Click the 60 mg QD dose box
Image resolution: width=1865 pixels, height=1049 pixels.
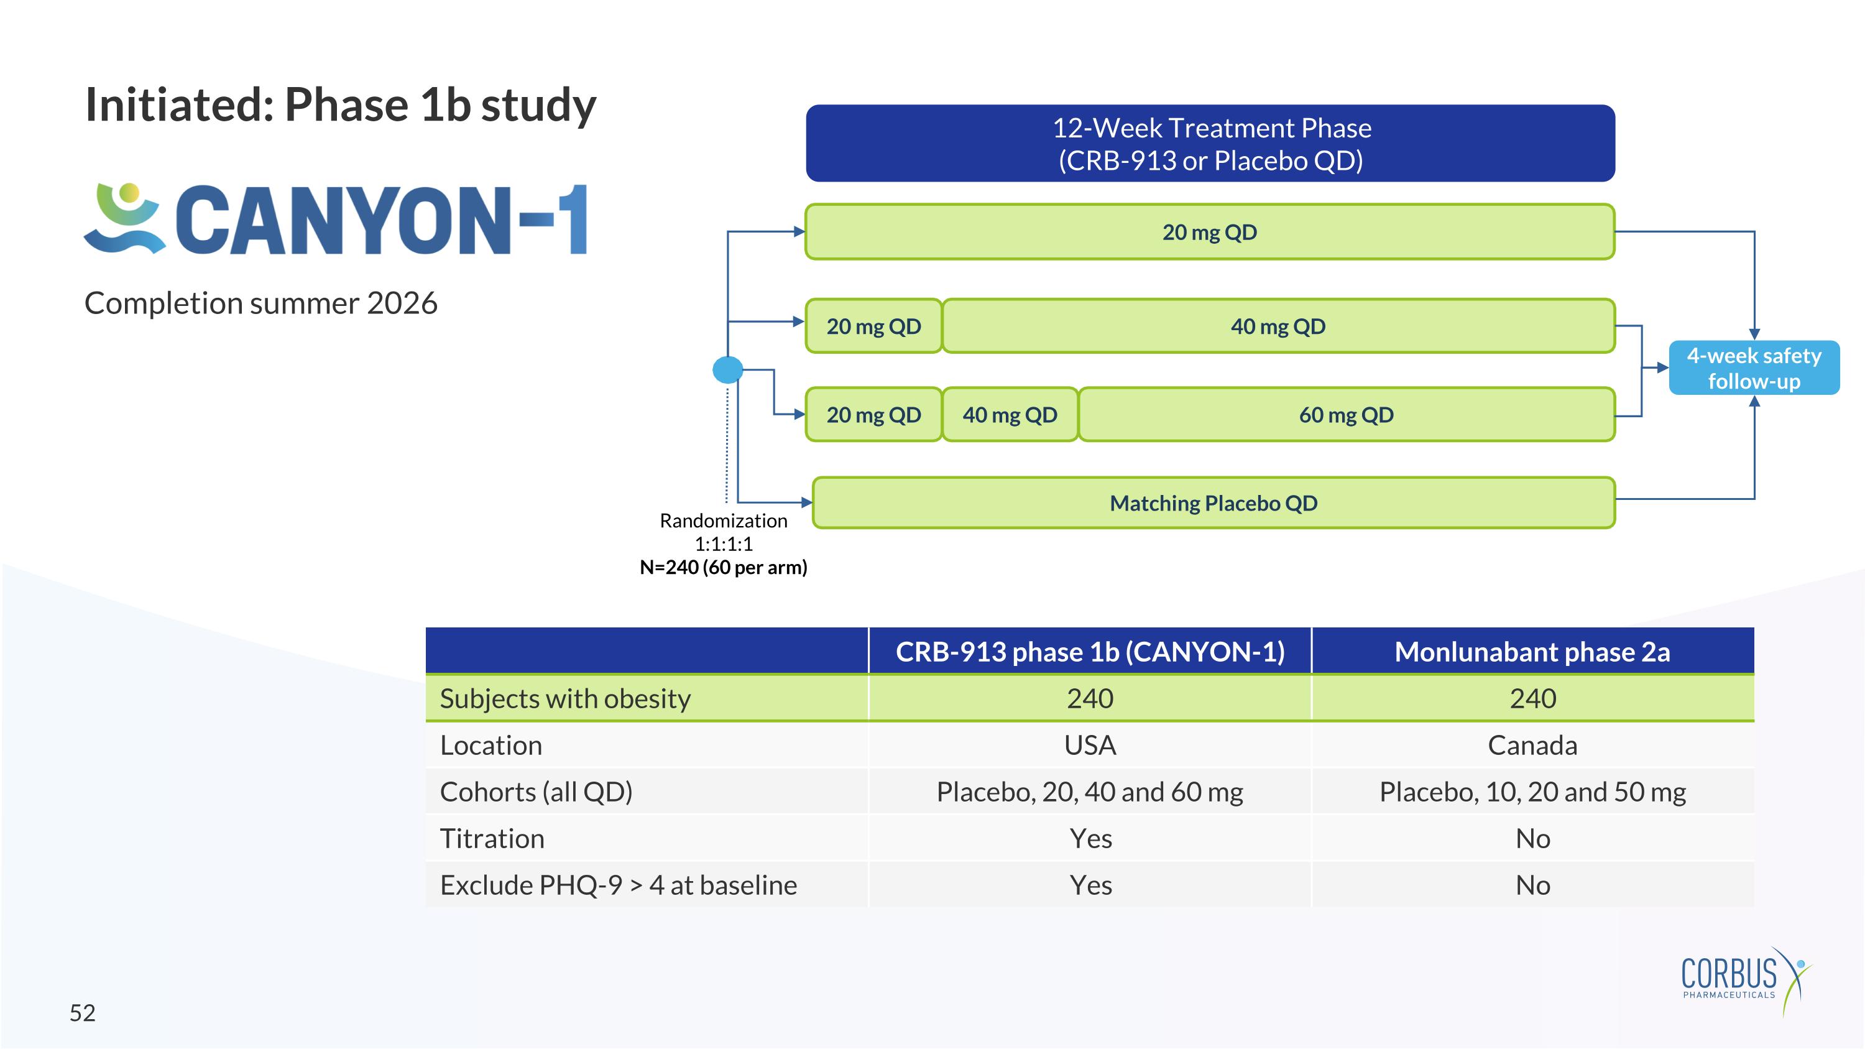click(1345, 415)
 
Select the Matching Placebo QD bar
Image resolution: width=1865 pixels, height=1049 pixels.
click(1213, 503)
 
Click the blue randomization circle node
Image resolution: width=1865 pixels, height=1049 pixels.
click(727, 370)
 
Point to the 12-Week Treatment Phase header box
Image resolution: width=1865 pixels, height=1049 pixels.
click(1210, 144)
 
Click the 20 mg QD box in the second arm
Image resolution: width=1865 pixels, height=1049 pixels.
click(873, 326)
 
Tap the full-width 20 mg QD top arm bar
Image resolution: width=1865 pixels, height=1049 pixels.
click(1209, 233)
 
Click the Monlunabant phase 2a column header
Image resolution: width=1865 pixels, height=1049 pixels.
click(1532, 652)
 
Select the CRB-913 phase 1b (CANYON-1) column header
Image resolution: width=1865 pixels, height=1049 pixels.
click(1090, 652)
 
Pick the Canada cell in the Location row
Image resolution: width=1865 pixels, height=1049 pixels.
click(1532, 745)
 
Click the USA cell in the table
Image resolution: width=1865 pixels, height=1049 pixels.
click(1090, 745)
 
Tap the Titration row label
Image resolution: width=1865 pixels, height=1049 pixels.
click(492, 838)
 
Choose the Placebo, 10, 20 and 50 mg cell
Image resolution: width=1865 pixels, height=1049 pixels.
click(1532, 792)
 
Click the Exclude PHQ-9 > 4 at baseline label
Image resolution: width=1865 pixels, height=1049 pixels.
click(619, 885)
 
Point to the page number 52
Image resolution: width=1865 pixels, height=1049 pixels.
click(83, 1013)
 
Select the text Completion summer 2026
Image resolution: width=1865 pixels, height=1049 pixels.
click(260, 303)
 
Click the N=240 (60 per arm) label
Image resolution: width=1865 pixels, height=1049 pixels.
click(723, 567)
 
